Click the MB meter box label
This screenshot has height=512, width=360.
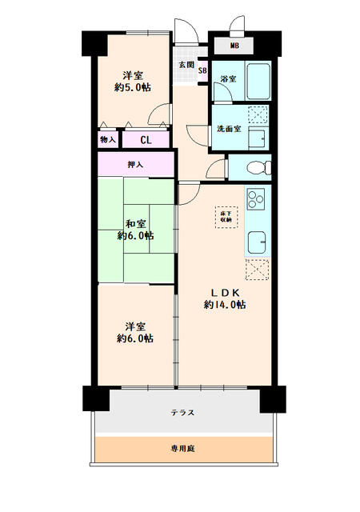234,46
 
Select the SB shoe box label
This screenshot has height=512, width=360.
203,71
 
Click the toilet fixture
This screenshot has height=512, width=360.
255,168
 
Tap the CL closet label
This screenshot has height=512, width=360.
147,140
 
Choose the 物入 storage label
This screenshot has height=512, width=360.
107,140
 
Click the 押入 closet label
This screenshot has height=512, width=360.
135,165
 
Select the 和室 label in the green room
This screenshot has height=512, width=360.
134,223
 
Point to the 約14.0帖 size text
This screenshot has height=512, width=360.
223,305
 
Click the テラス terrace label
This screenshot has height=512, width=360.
183,413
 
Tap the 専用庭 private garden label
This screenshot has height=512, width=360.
183,449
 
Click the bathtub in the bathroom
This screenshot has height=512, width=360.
257,80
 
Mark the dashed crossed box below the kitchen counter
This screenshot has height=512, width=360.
258,273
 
